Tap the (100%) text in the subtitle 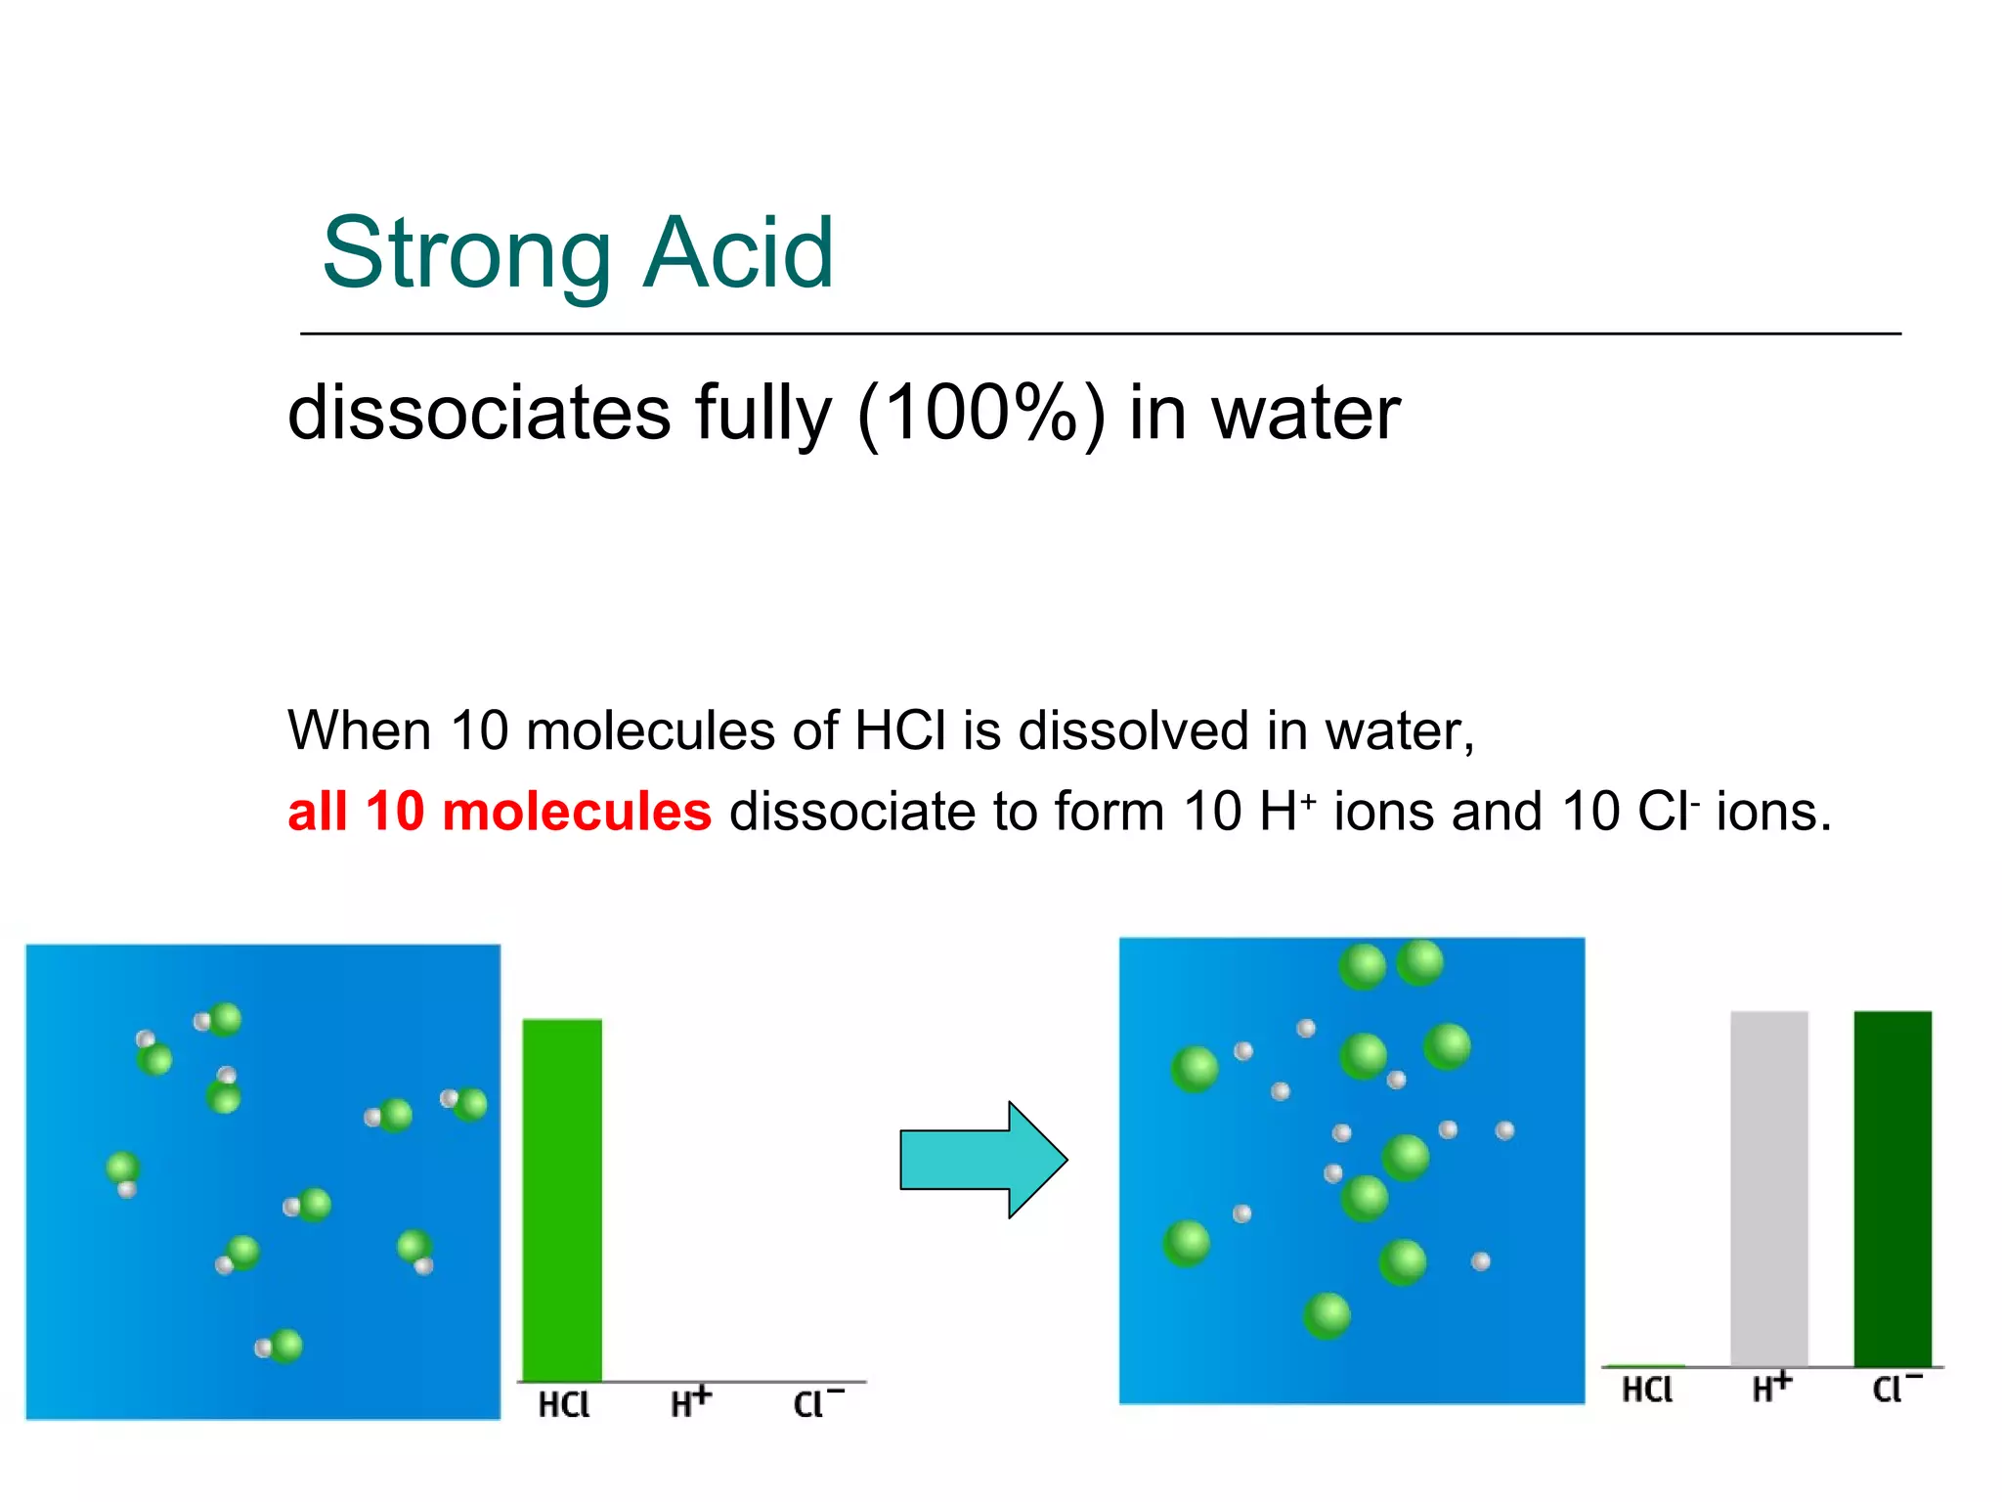tap(980, 413)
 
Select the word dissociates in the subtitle tap(479, 413)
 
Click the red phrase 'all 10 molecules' tap(500, 812)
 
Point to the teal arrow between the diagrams tap(981, 1160)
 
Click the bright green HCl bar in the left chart tap(562, 1199)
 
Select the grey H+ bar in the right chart tap(1768, 1187)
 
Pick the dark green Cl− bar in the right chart tap(1893, 1187)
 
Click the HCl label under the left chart tap(564, 1405)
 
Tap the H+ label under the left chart tap(690, 1402)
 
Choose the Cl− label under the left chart tap(817, 1403)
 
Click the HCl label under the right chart tap(1647, 1390)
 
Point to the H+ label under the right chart tap(1771, 1387)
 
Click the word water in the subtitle tap(1306, 413)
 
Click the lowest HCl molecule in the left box tap(280, 1347)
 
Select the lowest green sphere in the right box tap(1327, 1315)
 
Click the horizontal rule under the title tap(1100, 333)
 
